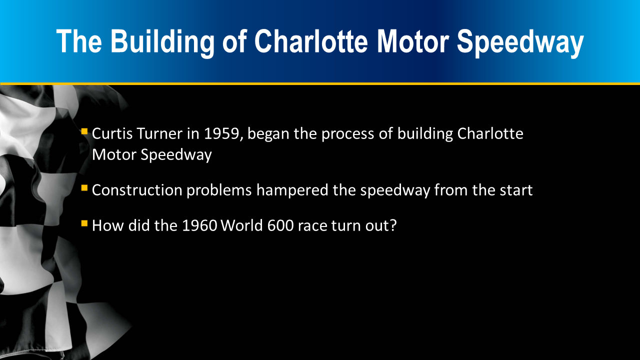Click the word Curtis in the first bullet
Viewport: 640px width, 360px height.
pos(112,133)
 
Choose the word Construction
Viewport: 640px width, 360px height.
pos(137,190)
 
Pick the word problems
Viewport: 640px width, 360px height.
pos(219,190)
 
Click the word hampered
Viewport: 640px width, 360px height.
pos(292,190)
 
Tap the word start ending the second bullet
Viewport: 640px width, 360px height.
pos(516,190)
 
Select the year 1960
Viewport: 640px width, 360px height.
pos(199,225)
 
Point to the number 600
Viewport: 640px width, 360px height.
pos(280,225)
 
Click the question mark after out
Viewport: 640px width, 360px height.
pos(393,225)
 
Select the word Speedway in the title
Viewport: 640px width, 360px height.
pos(520,42)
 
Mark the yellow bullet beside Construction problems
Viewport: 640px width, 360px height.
pos(84,188)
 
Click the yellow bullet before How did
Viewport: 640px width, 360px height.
pos(84,223)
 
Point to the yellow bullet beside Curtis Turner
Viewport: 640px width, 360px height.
pos(84,131)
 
